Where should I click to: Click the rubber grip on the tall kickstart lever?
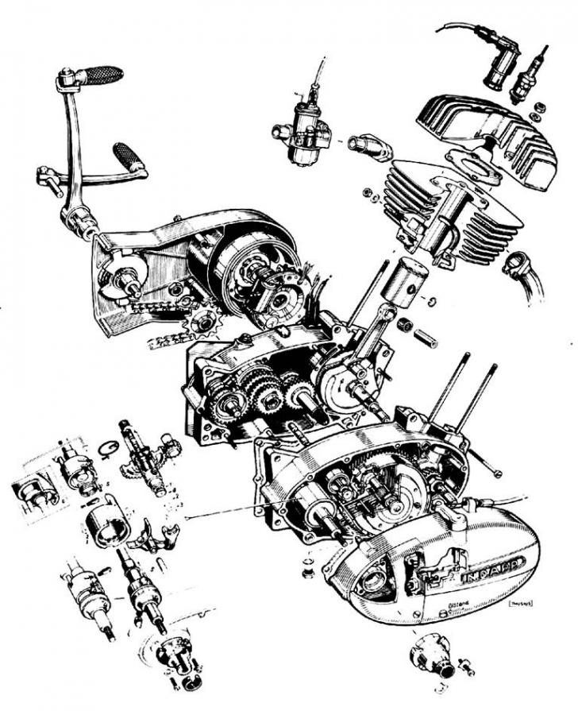tap(101, 75)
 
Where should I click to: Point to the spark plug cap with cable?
tap(497, 67)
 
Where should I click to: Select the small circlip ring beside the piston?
tap(432, 300)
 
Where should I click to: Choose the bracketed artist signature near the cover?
tap(517, 606)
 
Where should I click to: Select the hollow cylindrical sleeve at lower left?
tap(106, 524)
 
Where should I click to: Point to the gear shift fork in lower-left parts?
tap(151, 538)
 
